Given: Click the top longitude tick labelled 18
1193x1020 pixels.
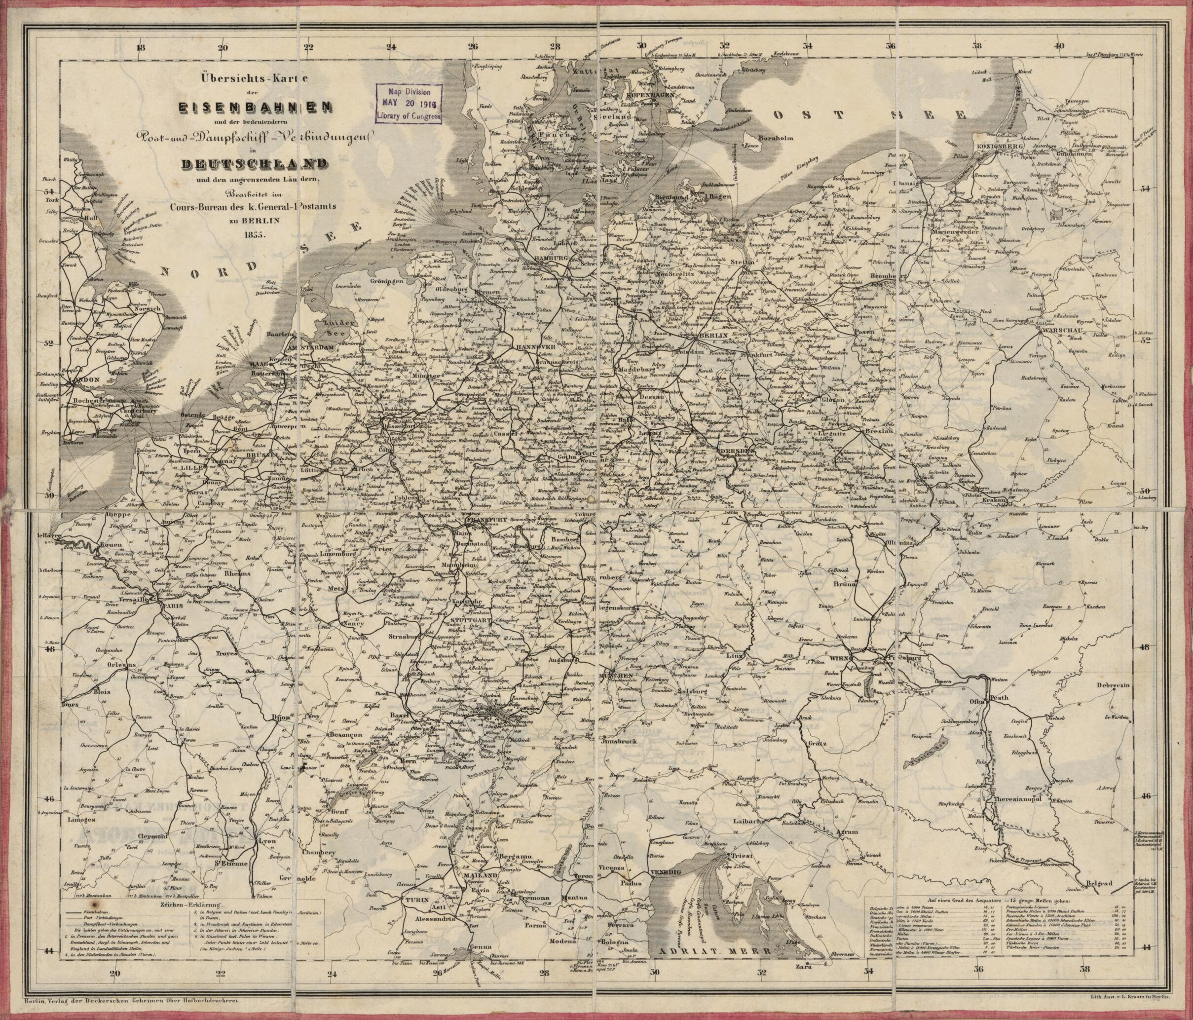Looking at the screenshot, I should [x=141, y=48].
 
